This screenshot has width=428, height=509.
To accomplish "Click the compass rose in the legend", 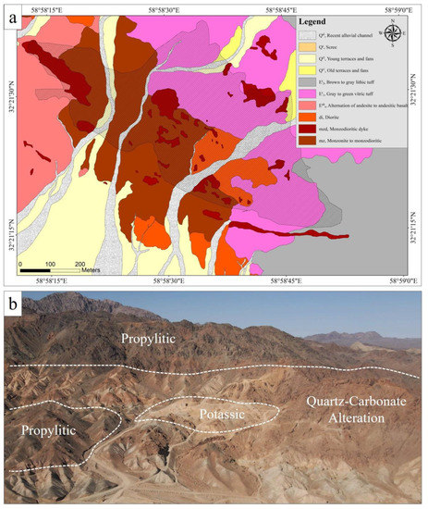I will [x=394, y=33].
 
